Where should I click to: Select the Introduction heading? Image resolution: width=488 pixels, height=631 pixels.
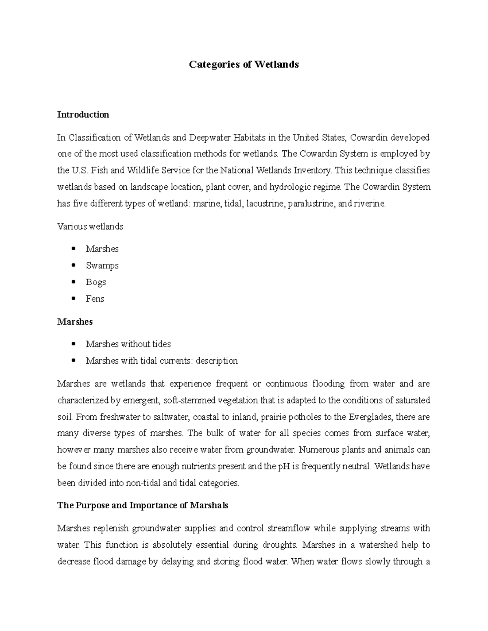(83, 115)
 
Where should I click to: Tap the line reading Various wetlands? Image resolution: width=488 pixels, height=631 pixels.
(90, 226)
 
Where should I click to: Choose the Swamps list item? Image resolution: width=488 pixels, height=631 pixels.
(102, 265)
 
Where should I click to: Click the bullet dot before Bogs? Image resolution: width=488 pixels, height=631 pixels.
(73, 282)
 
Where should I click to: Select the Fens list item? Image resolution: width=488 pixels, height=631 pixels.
(95, 299)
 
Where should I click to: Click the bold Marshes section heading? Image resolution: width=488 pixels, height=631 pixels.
(75, 321)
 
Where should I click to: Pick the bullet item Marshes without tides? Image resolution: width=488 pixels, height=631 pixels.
(128, 344)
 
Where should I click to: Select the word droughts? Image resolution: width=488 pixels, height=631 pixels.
(277, 545)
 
